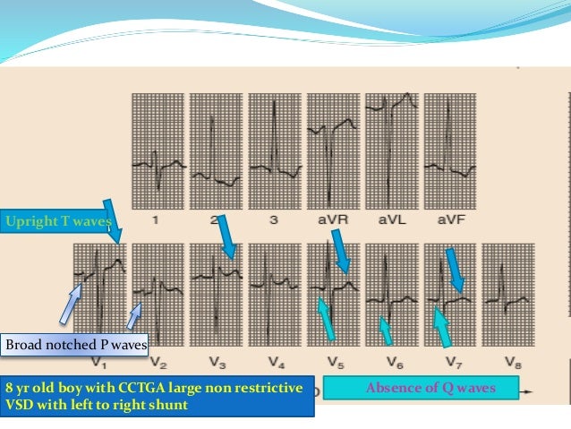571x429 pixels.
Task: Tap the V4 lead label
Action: coord(275,363)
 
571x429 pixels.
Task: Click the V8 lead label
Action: coord(510,363)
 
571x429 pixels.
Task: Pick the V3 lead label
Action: coord(217,363)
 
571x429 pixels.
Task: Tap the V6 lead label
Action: coord(391,363)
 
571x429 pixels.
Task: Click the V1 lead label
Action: coord(99,363)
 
